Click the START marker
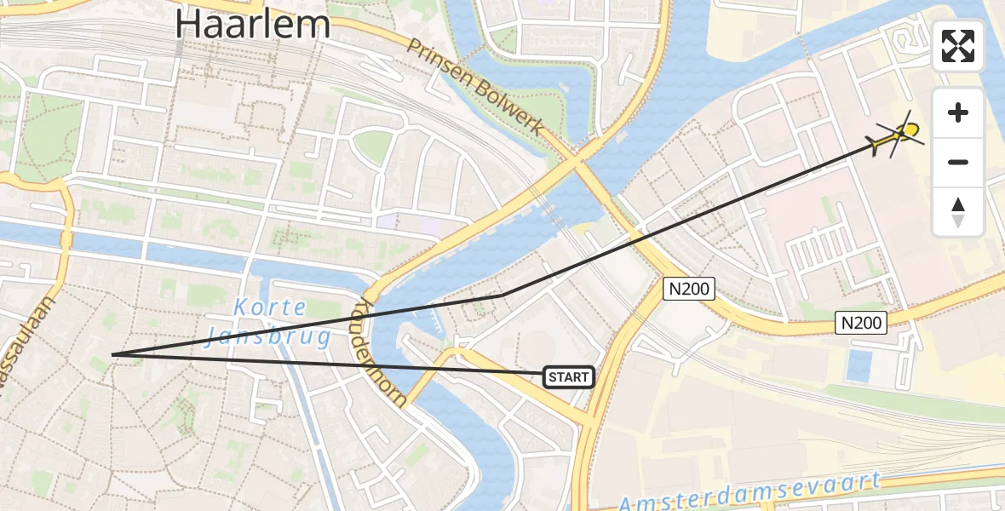(x=568, y=376)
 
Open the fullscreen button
(x=958, y=46)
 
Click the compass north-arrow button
(x=958, y=212)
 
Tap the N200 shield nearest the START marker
(x=687, y=289)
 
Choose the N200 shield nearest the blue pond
(x=862, y=322)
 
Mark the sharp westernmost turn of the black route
(x=112, y=354)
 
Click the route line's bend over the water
(x=503, y=295)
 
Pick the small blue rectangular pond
(x=859, y=366)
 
